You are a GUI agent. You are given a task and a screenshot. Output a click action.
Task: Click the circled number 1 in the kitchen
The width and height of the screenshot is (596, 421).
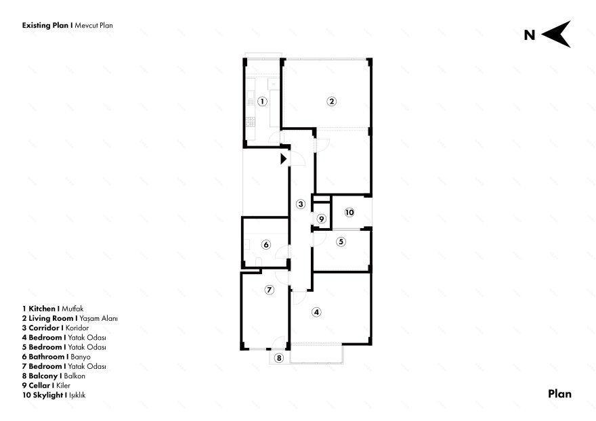click(x=262, y=102)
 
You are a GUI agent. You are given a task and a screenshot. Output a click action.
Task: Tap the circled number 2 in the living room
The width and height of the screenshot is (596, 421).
click(x=331, y=102)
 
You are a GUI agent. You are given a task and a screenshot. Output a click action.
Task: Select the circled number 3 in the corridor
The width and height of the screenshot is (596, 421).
click(x=301, y=204)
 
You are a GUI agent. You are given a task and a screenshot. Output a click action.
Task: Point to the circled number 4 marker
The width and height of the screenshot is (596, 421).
click(x=316, y=312)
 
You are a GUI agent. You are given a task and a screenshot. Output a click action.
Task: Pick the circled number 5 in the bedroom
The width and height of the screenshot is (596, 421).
click(x=341, y=242)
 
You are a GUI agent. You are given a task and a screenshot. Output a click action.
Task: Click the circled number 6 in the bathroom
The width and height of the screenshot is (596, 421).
click(x=266, y=245)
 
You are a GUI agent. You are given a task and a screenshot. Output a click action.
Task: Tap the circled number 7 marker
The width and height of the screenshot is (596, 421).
click(x=269, y=290)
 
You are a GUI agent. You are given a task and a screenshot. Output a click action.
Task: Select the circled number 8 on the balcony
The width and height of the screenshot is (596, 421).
click(x=279, y=358)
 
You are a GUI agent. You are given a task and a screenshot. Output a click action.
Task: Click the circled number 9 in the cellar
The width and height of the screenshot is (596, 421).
click(x=322, y=219)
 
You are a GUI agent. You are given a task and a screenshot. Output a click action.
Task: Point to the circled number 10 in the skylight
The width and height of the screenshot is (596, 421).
click(x=349, y=213)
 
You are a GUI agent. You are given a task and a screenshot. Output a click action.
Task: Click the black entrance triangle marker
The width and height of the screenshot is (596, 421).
click(x=283, y=159)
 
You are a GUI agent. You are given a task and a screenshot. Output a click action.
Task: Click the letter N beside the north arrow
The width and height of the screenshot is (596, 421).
click(x=530, y=35)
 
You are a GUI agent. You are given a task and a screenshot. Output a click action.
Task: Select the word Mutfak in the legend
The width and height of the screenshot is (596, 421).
click(x=72, y=309)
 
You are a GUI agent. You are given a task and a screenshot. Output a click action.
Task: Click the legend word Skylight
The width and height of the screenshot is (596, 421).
click(x=48, y=395)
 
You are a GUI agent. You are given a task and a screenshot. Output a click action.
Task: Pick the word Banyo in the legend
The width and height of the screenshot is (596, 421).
click(x=81, y=357)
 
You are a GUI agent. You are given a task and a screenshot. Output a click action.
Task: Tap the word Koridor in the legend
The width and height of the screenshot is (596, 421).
click(x=77, y=328)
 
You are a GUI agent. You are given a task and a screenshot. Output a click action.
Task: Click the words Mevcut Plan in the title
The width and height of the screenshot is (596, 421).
click(x=94, y=26)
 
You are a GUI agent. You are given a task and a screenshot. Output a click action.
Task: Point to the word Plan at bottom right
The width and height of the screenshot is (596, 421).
click(x=560, y=394)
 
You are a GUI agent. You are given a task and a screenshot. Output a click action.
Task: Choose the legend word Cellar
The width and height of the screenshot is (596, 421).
click(x=39, y=385)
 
